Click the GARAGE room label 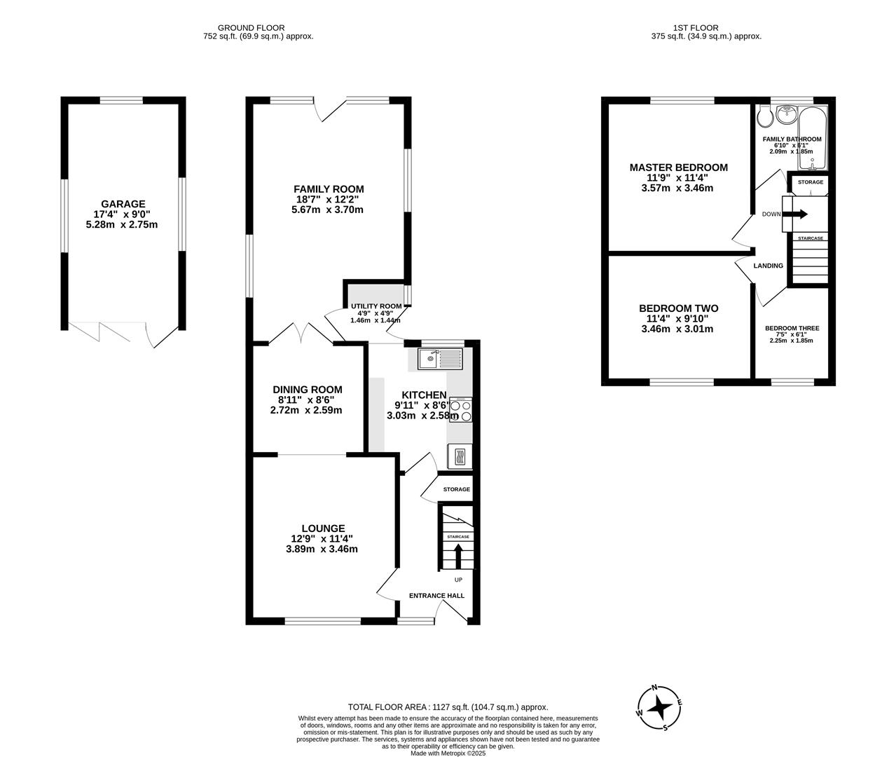pos(123,204)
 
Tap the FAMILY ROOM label pos(329,189)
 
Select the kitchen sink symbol pos(440,360)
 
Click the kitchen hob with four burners pos(460,409)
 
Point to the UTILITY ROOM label pos(377,306)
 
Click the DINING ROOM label pos(308,390)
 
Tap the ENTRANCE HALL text pos(436,596)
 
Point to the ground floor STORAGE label pos(456,489)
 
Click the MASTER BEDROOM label pos(678,168)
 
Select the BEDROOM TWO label pos(678,308)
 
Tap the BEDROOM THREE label pos(792,328)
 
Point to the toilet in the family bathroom pos(765,116)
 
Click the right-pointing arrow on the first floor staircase pos(798,214)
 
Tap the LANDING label pos(768,266)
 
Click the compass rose pos(659,707)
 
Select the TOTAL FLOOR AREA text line pos(448,707)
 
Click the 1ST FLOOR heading pos(705,28)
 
